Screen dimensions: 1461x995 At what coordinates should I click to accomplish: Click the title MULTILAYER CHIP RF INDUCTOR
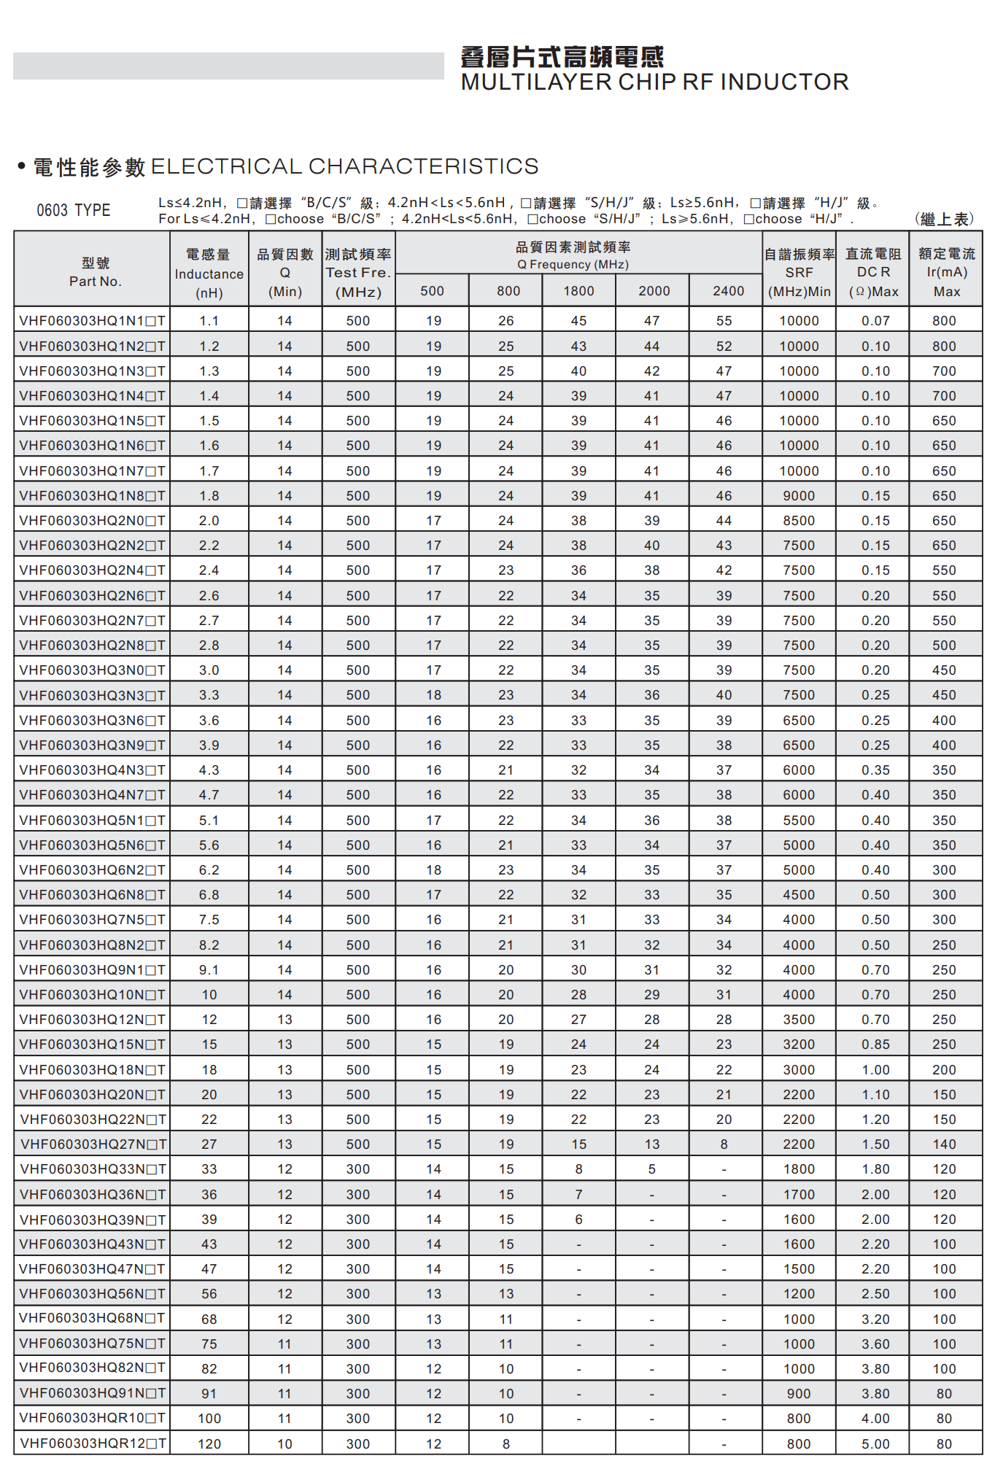(654, 82)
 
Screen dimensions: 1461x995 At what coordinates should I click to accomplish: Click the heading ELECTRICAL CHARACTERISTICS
(344, 166)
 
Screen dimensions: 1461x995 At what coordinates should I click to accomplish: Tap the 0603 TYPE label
(73, 210)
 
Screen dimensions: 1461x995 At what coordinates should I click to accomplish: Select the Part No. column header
(95, 272)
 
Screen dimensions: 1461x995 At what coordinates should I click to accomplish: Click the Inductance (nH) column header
(209, 274)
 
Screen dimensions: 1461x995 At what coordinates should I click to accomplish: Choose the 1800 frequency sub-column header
(578, 291)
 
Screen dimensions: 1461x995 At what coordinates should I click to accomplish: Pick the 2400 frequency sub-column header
(728, 291)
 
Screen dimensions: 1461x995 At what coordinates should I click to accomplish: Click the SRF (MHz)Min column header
(799, 273)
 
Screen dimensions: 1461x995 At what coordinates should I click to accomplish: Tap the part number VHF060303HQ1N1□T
(92, 321)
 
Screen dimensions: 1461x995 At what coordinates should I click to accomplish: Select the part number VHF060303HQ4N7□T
(92, 795)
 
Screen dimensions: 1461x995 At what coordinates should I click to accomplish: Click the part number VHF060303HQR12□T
(93, 1443)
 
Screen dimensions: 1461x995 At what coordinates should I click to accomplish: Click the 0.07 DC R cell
(875, 321)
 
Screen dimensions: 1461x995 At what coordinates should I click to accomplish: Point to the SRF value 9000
(799, 496)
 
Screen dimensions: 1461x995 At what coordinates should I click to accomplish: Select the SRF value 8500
(799, 521)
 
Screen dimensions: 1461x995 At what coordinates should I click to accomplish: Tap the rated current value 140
(944, 1144)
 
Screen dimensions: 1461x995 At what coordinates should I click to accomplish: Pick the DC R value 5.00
(875, 1444)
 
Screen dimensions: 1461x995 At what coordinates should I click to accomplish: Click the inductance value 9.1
(209, 970)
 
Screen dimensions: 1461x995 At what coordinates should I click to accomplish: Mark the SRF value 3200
(799, 1045)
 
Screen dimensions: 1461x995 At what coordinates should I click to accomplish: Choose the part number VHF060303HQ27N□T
(93, 1144)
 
